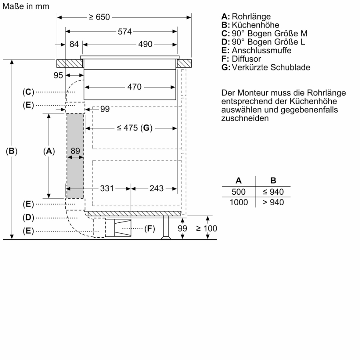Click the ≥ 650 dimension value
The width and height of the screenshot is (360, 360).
[x=99, y=17]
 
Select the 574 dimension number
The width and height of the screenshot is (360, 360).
[x=124, y=32]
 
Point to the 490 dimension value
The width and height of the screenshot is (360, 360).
[x=145, y=44]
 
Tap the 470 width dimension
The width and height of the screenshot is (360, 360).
[x=134, y=87]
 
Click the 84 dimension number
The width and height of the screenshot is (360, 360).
[x=74, y=44]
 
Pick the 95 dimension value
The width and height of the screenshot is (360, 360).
[x=58, y=75]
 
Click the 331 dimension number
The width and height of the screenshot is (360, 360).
[x=107, y=188]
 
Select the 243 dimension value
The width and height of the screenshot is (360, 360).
[x=156, y=188]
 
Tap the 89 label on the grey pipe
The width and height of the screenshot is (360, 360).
[x=75, y=151]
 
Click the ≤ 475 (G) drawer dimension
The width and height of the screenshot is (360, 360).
[x=135, y=128]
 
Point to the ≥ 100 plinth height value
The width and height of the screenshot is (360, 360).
[x=206, y=228]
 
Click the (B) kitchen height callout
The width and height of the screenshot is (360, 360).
[x=12, y=151]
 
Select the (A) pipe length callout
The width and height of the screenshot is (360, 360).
[x=49, y=151]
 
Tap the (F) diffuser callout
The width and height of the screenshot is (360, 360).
[x=149, y=228]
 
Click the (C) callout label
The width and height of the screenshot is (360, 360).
[x=28, y=92]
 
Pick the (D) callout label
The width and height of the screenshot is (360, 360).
[x=28, y=218]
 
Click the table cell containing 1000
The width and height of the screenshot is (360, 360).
[x=238, y=202]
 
